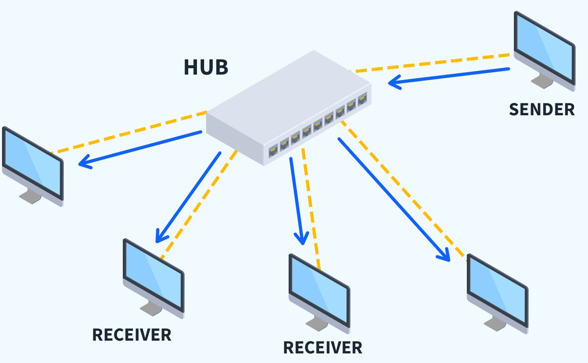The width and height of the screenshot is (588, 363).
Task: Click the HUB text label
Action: [206, 67]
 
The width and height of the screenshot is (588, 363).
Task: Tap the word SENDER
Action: [542, 110]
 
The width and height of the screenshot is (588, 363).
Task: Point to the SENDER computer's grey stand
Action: [543, 81]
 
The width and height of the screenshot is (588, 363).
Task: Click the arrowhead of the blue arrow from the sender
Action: [393, 83]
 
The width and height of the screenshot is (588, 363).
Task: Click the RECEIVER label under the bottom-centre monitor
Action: [323, 348]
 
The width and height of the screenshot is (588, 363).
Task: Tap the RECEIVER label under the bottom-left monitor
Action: [132, 335]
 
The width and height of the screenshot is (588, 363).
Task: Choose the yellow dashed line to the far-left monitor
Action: [128, 132]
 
